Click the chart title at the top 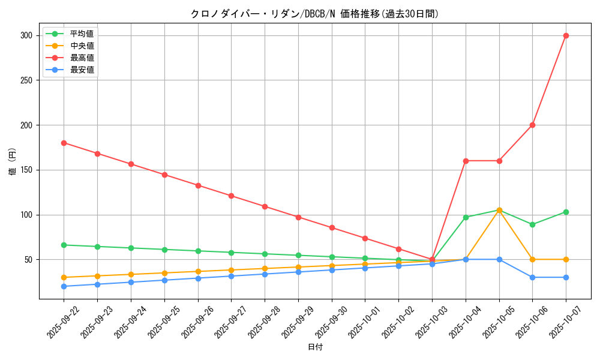coord(314,14)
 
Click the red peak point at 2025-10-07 coord(566,35)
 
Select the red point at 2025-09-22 coord(64,143)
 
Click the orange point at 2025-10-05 coord(499,210)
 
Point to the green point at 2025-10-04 coord(466,217)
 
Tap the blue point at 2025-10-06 coord(532,277)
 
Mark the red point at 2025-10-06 coord(532,125)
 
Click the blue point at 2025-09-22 coord(64,286)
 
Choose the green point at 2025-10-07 coord(566,212)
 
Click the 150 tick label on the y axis coord(28,170)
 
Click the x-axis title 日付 coord(314,347)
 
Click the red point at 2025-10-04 coord(466,161)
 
